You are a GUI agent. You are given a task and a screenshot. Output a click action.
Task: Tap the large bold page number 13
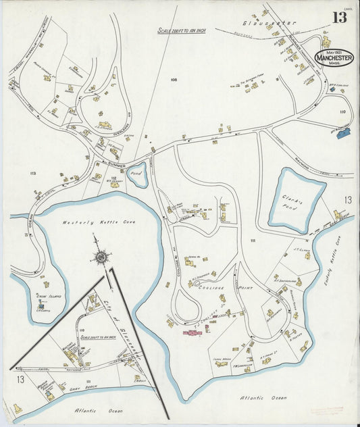339,18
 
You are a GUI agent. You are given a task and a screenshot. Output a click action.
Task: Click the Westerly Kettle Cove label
91,222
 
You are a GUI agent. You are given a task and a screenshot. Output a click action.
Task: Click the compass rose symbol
101,256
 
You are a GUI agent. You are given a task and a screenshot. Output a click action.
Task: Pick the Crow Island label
45,297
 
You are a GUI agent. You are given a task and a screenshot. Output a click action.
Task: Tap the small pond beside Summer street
138,171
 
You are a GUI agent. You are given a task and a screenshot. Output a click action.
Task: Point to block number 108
174,81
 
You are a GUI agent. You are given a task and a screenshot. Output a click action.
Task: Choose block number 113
33,174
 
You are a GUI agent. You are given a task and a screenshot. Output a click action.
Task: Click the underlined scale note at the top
181,30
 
